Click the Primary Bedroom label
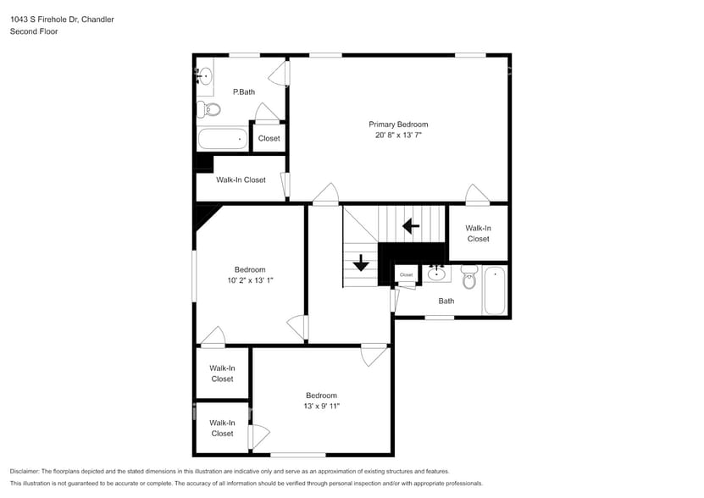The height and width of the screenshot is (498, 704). click(398, 125)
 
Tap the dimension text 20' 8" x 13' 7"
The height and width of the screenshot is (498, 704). click(398, 136)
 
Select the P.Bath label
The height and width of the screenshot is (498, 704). click(244, 91)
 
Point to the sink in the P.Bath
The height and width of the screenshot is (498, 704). click(203, 76)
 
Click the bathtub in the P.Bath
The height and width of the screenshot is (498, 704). click(222, 138)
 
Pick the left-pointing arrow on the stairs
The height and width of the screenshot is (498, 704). click(411, 226)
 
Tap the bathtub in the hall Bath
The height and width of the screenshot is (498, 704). click(495, 290)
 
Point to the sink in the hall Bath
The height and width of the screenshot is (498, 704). click(437, 273)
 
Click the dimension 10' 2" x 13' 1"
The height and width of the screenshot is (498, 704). click(250, 280)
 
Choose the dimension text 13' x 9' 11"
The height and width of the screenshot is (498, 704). click(321, 407)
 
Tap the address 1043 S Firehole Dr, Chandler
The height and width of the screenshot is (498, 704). click(62, 19)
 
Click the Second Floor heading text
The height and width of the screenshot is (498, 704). click(33, 31)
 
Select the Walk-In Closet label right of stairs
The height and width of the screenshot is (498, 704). click(478, 233)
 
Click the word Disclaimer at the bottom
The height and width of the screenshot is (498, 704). click(28, 471)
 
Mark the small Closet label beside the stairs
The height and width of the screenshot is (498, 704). click(406, 274)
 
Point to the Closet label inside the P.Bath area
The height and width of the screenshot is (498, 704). click(269, 138)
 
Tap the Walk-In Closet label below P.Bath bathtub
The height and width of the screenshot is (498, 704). click(241, 180)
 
